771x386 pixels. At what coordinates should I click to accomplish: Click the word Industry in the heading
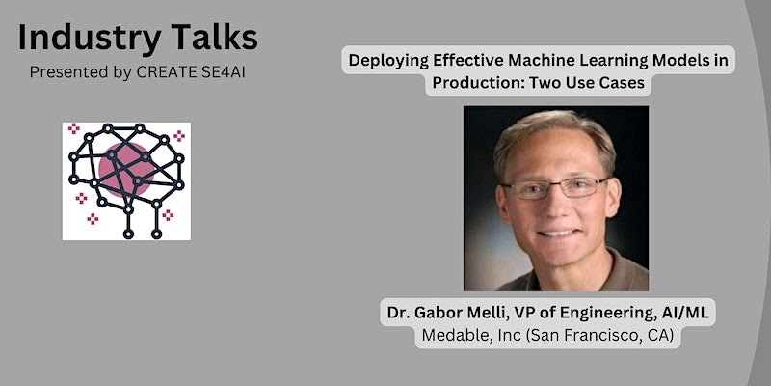point(83,38)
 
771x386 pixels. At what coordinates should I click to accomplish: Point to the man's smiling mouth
point(559,233)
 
